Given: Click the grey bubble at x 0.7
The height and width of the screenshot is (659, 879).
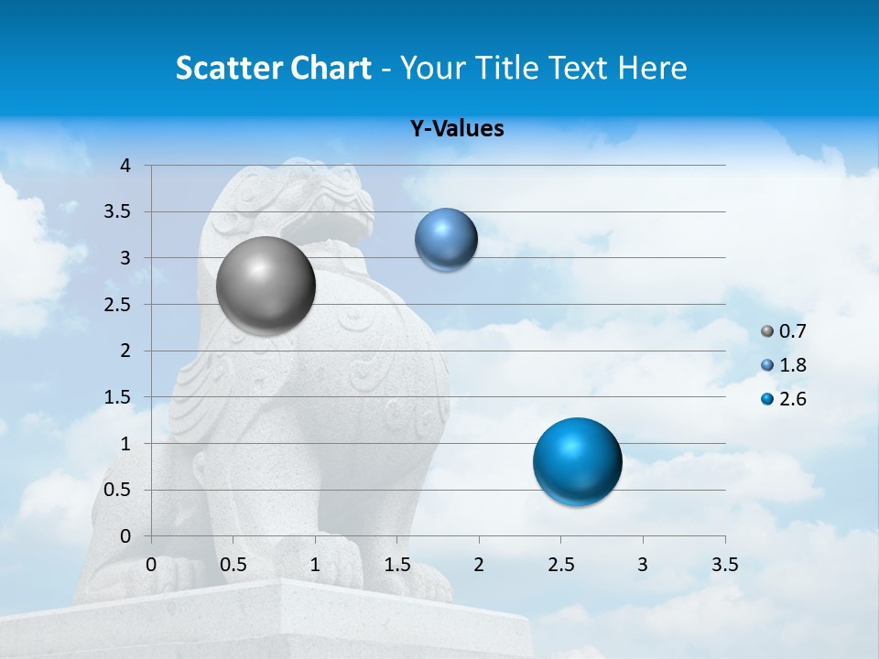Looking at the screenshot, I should pyautogui.click(x=266, y=286).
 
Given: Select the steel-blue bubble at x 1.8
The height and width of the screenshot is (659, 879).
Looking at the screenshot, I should pyautogui.click(x=446, y=239).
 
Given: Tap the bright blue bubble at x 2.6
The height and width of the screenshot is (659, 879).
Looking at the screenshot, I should pyautogui.click(x=577, y=461).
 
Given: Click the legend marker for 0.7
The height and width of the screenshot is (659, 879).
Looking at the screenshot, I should pyautogui.click(x=767, y=331).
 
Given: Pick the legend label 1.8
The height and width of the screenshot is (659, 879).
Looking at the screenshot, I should pyautogui.click(x=793, y=365).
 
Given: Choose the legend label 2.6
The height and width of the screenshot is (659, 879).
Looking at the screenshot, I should pyautogui.click(x=793, y=399).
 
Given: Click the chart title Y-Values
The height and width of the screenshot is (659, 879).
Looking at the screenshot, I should pyautogui.click(x=457, y=129).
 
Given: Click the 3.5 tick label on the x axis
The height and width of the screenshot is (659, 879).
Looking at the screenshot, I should pyautogui.click(x=724, y=565).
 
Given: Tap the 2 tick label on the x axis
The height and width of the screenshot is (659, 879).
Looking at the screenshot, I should pyautogui.click(x=479, y=565).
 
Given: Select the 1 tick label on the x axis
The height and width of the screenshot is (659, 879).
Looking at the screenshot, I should pyautogui.click(x=315, y=565).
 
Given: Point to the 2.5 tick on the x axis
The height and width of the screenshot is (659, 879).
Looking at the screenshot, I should pyautogui.click(x=560, y=565).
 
